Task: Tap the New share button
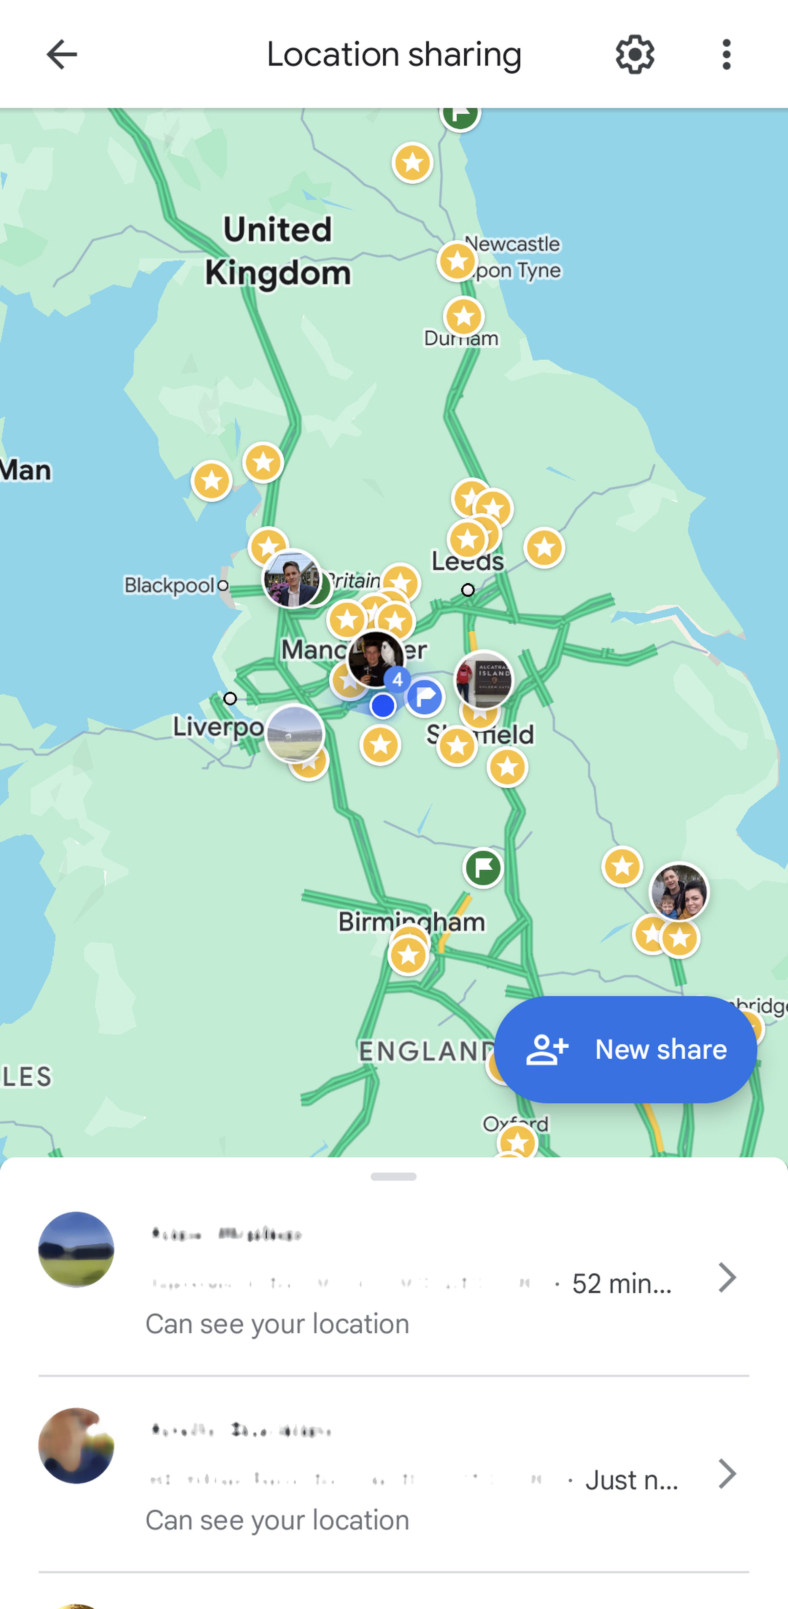626,1049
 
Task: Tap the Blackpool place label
169,585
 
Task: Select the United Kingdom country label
278,251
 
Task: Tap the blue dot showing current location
383,706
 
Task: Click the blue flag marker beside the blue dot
425,696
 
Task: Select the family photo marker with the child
679,892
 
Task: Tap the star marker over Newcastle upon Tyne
457,260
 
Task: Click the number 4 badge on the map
397,679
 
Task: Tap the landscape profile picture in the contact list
76,1249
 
